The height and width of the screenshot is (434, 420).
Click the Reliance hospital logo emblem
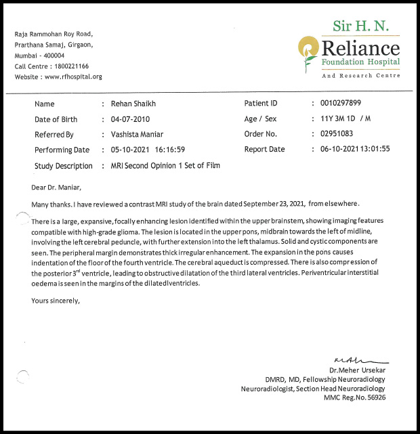309,49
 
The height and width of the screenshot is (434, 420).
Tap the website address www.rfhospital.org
74,77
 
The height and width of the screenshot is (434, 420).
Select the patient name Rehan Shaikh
133,104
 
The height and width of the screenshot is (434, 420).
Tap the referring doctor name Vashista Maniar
138,135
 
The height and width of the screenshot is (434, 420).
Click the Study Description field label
64,166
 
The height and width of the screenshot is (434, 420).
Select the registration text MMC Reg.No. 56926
354,398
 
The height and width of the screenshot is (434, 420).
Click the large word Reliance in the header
361,49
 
